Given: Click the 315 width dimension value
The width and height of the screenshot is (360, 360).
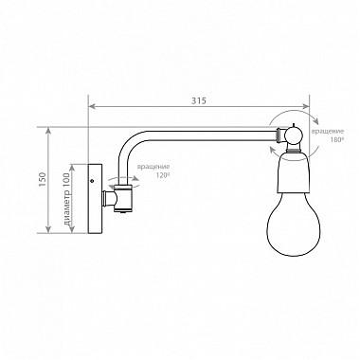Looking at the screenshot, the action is click(199, 100).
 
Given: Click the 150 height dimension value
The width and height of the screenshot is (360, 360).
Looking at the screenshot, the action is click(43, 180).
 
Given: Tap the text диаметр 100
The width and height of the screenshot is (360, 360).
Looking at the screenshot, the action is click(67, 200).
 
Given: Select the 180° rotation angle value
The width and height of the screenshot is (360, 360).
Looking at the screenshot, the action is click(335, 139).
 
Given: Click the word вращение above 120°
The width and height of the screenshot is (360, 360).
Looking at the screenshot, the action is click(153, 167).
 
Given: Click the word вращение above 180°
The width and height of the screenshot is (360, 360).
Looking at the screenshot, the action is click(328, 131).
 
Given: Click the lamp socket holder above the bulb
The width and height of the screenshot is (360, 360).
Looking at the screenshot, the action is click(294, 172).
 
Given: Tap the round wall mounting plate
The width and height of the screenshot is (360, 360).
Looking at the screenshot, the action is click(96, 199).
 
